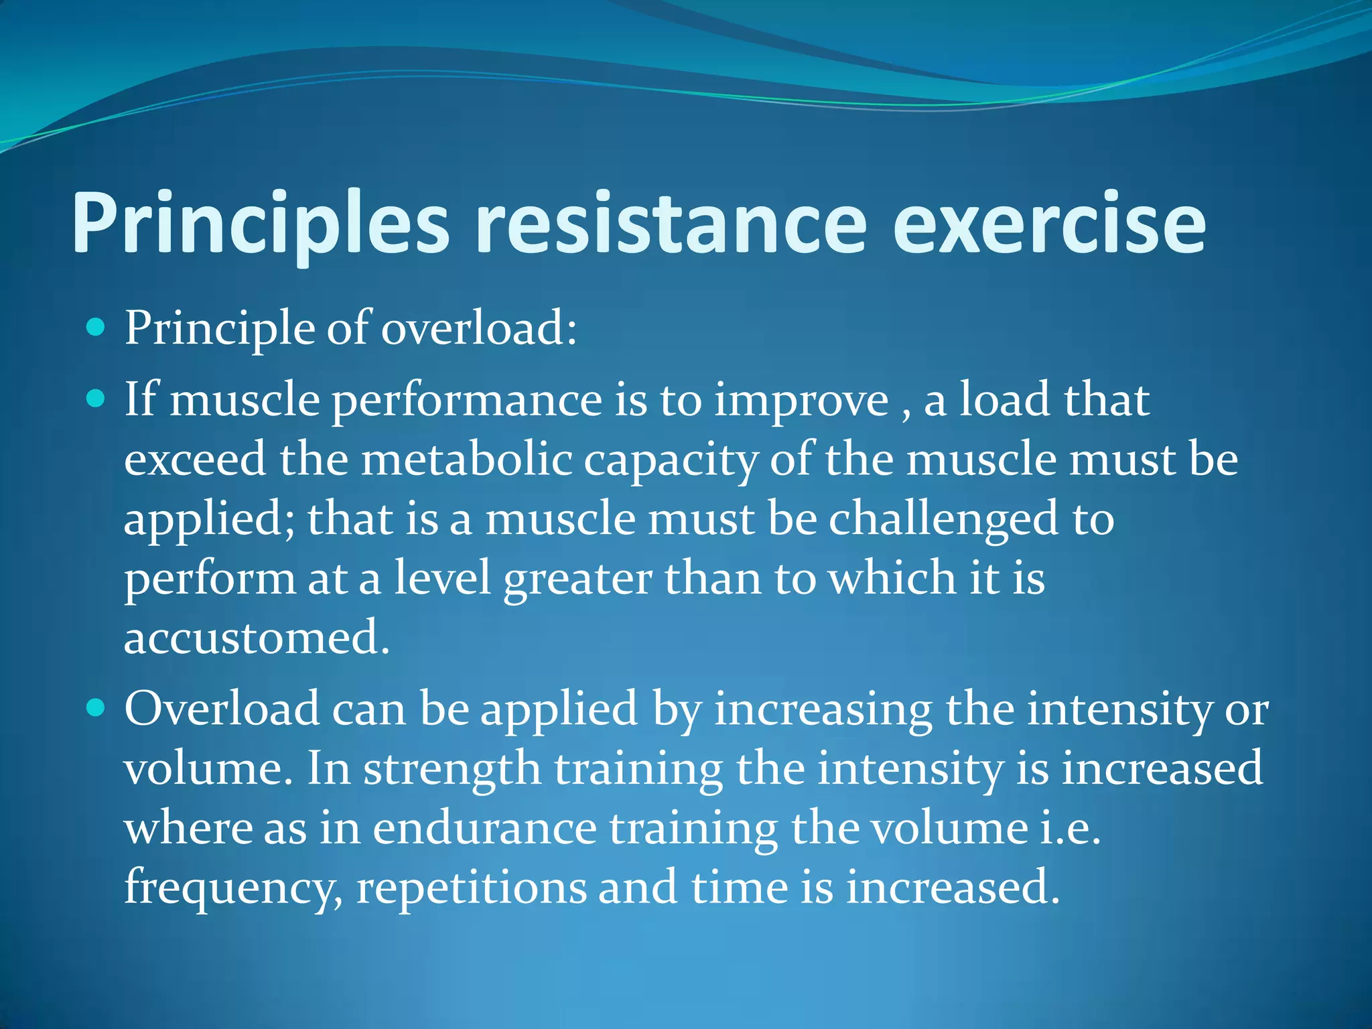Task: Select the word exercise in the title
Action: click(x=1048, y=224)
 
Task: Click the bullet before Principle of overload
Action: click(x=97, y=328)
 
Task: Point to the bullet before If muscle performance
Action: click(x=97, y=399)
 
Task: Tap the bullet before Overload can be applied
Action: click(x=97, y=707)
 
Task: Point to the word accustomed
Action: click(x=257, y=637)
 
